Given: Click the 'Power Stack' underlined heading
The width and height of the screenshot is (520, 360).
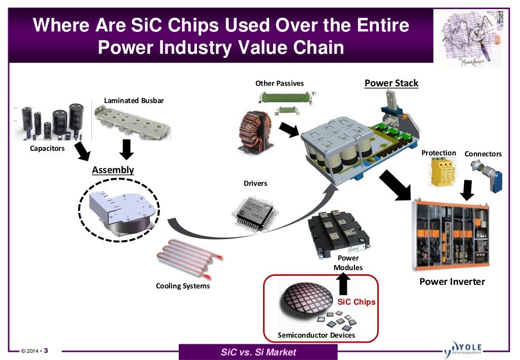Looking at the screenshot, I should pos(391,83).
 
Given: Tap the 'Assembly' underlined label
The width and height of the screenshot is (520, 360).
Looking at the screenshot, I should pos(113,170).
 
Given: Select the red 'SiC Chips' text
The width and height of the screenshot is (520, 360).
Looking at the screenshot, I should pos(356,302).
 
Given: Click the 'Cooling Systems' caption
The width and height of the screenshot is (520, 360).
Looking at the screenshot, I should pos(182,286).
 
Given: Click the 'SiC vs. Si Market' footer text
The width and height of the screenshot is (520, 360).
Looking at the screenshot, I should pos(258,352).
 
